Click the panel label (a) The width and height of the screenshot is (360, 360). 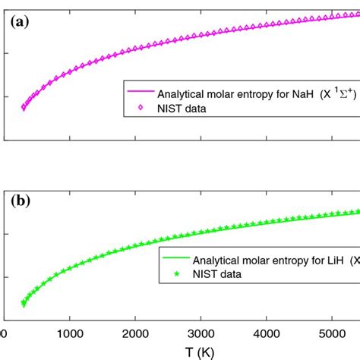coord(18,23)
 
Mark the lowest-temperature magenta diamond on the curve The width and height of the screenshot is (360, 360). coord(23,108)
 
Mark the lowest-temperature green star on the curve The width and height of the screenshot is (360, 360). coord(23,304)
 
